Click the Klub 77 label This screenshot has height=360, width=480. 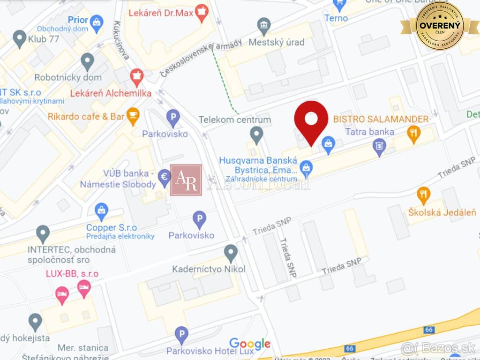pos(43,39)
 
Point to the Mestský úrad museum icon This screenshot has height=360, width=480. pos(264,25)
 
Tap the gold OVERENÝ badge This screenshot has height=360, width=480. pos(439,26)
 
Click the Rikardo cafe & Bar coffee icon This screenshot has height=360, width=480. pos(133,115)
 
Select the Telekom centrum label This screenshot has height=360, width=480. pos(235,120)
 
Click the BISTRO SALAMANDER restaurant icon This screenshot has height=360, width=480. pos(413,133)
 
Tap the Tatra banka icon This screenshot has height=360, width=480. pos(379,147)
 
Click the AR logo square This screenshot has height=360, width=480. pos(186,180)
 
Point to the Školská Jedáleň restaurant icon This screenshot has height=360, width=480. pos(423,195)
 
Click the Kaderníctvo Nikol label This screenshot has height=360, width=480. pos(209,269)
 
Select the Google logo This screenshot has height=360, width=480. pos(250,344)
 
